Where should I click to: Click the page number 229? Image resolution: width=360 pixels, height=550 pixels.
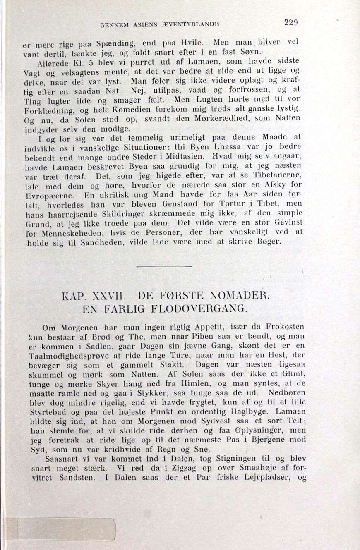[x=291, y=23]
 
